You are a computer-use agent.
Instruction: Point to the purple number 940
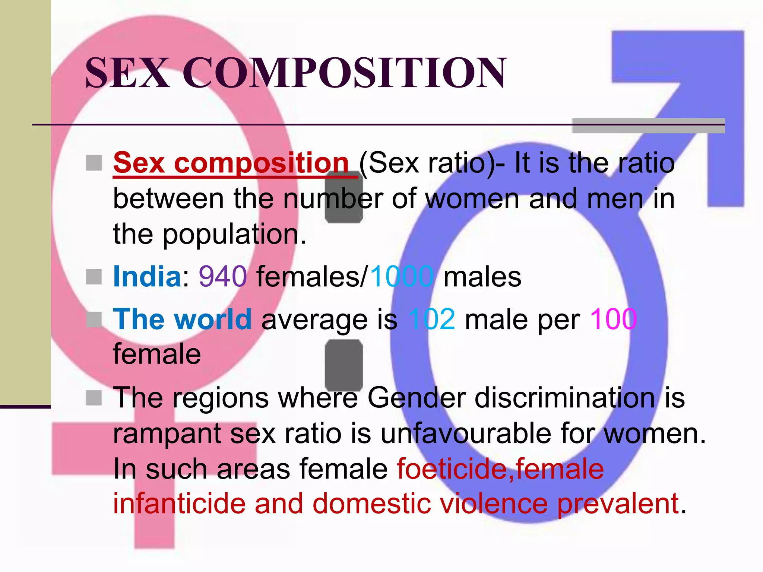pos(223,277)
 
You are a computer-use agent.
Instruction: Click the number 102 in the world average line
pos(432,320)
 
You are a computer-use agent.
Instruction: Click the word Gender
pos(417,398)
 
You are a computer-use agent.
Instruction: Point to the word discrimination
pos(564,398)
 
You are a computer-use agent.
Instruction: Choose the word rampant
pos(167,434)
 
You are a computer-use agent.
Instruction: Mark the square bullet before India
pos(94,277)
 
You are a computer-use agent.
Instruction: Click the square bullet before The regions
pos(94,398)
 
